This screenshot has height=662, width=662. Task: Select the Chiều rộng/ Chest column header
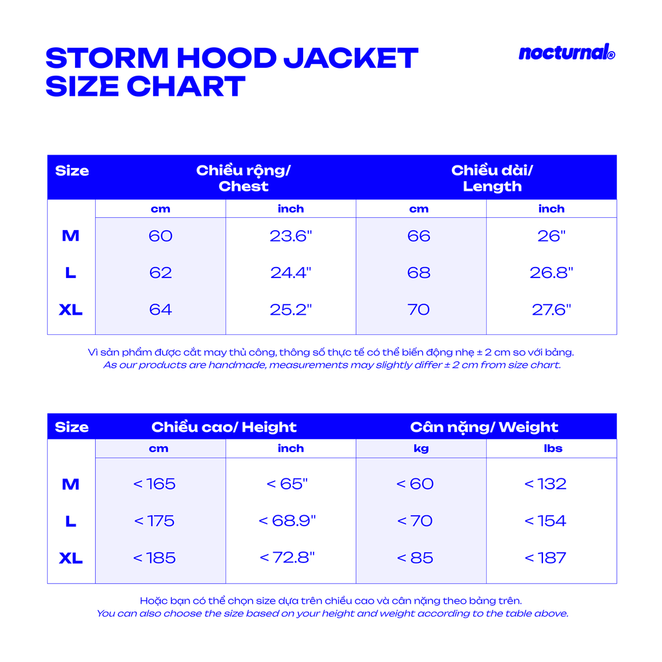243,178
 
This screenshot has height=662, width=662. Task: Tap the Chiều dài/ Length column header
492,178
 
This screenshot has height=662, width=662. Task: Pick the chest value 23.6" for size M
290,236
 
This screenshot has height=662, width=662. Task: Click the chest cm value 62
160,273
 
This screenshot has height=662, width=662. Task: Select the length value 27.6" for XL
551,310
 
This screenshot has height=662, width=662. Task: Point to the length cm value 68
418,273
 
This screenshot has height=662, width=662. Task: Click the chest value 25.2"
290,310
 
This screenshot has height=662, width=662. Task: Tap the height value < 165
155,484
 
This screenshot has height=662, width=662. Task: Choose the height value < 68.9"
287,520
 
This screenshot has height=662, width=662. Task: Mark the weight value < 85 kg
415,558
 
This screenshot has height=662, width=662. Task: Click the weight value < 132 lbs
545,484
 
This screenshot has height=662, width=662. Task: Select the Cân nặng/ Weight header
484,427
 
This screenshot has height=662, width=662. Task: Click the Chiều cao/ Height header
224,427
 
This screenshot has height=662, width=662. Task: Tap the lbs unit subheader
553,449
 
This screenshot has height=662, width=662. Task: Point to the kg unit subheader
421,449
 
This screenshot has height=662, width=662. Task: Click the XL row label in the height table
70,558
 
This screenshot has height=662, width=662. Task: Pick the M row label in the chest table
70,236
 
